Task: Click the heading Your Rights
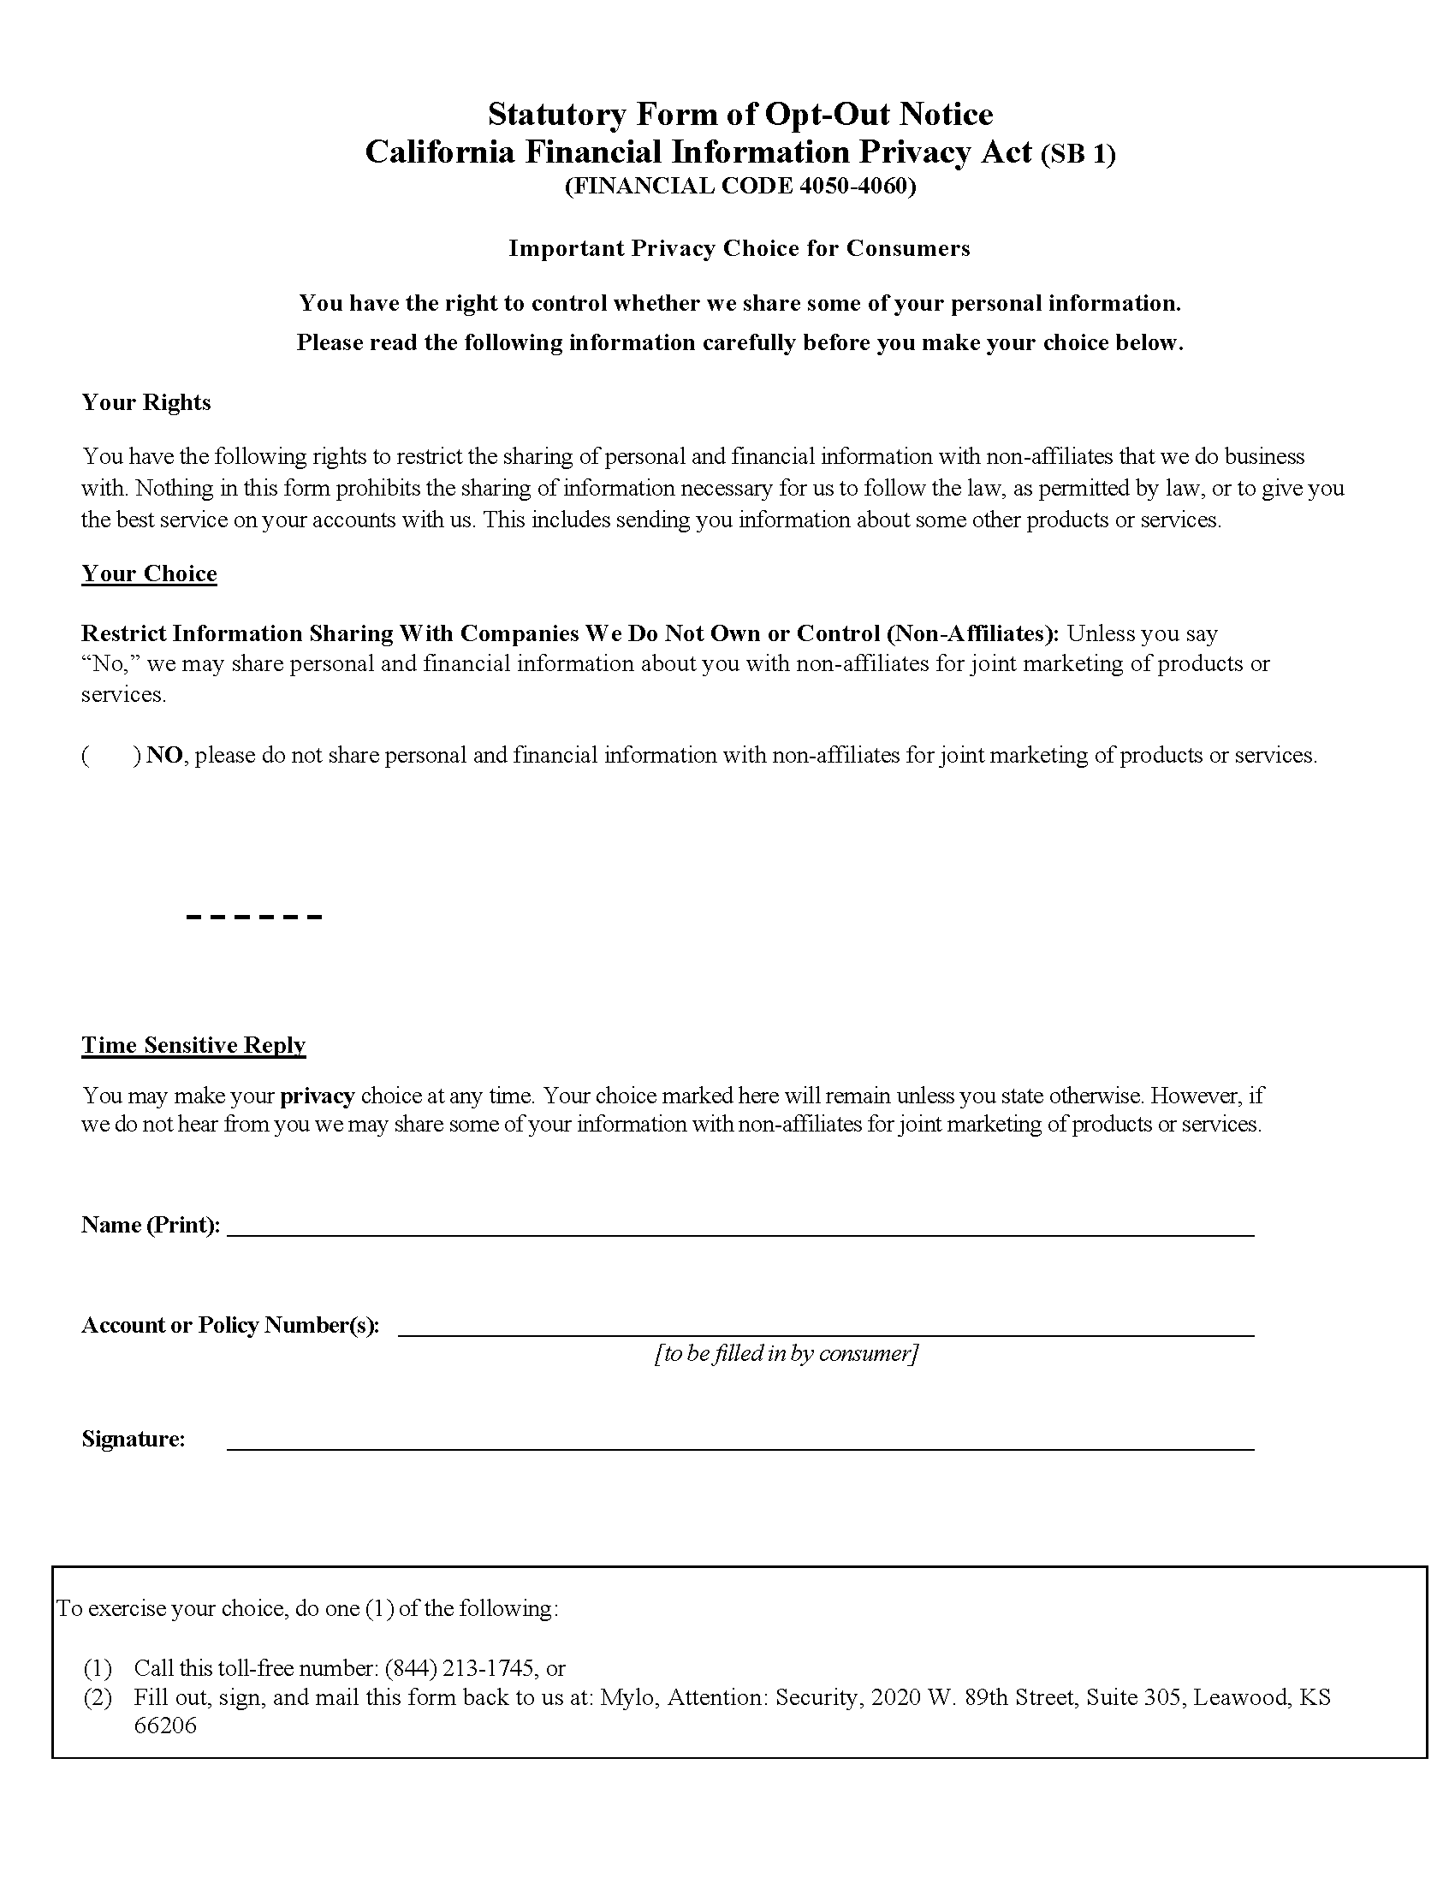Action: pos(145,402)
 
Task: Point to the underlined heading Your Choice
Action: pos(149,574)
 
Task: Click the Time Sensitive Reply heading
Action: pos(193,1045)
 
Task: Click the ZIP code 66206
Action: pos(164,1726)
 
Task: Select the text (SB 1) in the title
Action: pos(1078,154)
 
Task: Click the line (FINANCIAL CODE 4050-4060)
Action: pos(739,187)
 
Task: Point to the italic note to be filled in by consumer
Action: pos(786,1354)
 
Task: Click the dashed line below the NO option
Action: pos(253,917)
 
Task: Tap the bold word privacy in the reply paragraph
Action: pos(318,1096)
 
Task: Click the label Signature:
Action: pos(133,1439)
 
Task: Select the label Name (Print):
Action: pos(150,1225)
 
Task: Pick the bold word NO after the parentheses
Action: pos(163,756)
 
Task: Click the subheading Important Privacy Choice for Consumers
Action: pos(739,248)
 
